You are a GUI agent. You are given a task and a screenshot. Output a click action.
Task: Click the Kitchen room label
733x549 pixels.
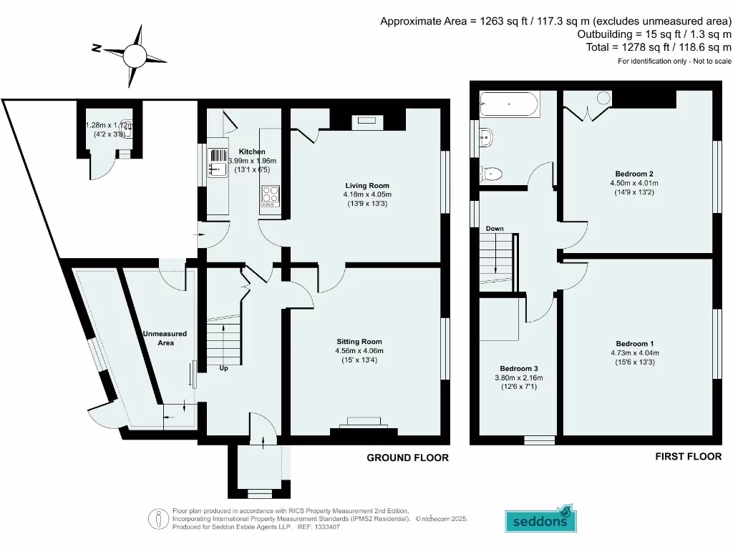click(x=252, y=152)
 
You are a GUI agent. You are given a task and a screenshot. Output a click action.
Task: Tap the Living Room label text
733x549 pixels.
click(x=367, y=185)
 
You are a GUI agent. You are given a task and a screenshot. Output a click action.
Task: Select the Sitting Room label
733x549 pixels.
click(x=359, y=342)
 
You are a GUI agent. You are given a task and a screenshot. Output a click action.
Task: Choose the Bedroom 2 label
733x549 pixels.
click(x=634, y=174)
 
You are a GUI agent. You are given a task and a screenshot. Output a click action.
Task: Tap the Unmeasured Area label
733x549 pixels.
click(x=165, y=338)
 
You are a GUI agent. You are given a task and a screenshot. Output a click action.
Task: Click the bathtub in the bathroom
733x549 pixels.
click(x=509, y=104)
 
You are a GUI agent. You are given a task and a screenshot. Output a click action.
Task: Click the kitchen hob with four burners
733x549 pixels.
click(x=271, y=196)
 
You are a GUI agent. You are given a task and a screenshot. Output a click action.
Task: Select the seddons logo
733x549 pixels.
click(x=540, y=520)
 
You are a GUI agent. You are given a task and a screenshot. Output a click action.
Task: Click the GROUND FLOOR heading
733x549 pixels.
click(x=407, y=457)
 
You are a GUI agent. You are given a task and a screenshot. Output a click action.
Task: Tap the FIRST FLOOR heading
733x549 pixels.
click(x=688, y=456)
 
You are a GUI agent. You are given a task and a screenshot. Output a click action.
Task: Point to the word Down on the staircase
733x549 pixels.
click(x=495, y=229)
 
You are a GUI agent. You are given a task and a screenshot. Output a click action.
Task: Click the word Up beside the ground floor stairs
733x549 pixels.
click(x=224, y=369)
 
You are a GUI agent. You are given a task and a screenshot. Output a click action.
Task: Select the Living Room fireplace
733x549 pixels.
click(x=367, y=122)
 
